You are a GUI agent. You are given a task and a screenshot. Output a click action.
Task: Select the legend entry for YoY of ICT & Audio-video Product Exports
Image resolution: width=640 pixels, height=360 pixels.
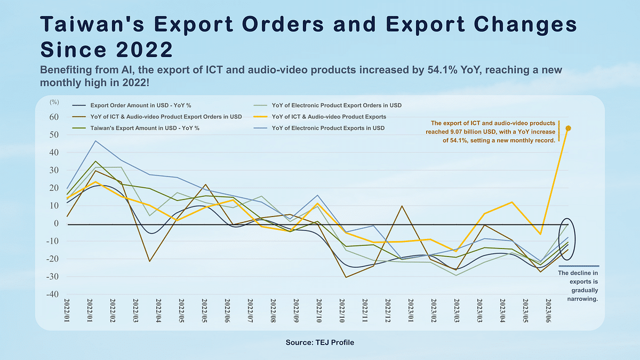[329, 116]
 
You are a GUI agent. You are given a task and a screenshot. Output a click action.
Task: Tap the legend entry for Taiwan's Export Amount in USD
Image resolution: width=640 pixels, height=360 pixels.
[133, 128]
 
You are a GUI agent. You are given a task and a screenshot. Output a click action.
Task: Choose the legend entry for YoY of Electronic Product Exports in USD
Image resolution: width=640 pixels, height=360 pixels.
[328, 128]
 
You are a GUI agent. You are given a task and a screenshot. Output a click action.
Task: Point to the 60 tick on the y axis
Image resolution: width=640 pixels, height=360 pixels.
[54, 117]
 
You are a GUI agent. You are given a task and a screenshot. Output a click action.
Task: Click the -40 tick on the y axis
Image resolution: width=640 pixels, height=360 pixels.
[53, 294]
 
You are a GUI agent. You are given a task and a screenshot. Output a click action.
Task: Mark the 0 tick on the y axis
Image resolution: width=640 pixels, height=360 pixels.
[55, 223]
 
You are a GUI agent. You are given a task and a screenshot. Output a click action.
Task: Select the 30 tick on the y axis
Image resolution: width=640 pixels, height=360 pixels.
[54, 170]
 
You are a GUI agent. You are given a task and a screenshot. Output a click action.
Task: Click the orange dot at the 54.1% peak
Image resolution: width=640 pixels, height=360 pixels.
[569, 129]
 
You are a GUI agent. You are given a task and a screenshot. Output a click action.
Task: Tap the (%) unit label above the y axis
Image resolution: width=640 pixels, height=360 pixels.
[54, 101]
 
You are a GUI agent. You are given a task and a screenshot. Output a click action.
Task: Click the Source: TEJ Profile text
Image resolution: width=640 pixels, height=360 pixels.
[320, 342]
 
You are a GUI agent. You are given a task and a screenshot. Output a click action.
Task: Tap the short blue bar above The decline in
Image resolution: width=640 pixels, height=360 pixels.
[579, 266]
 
